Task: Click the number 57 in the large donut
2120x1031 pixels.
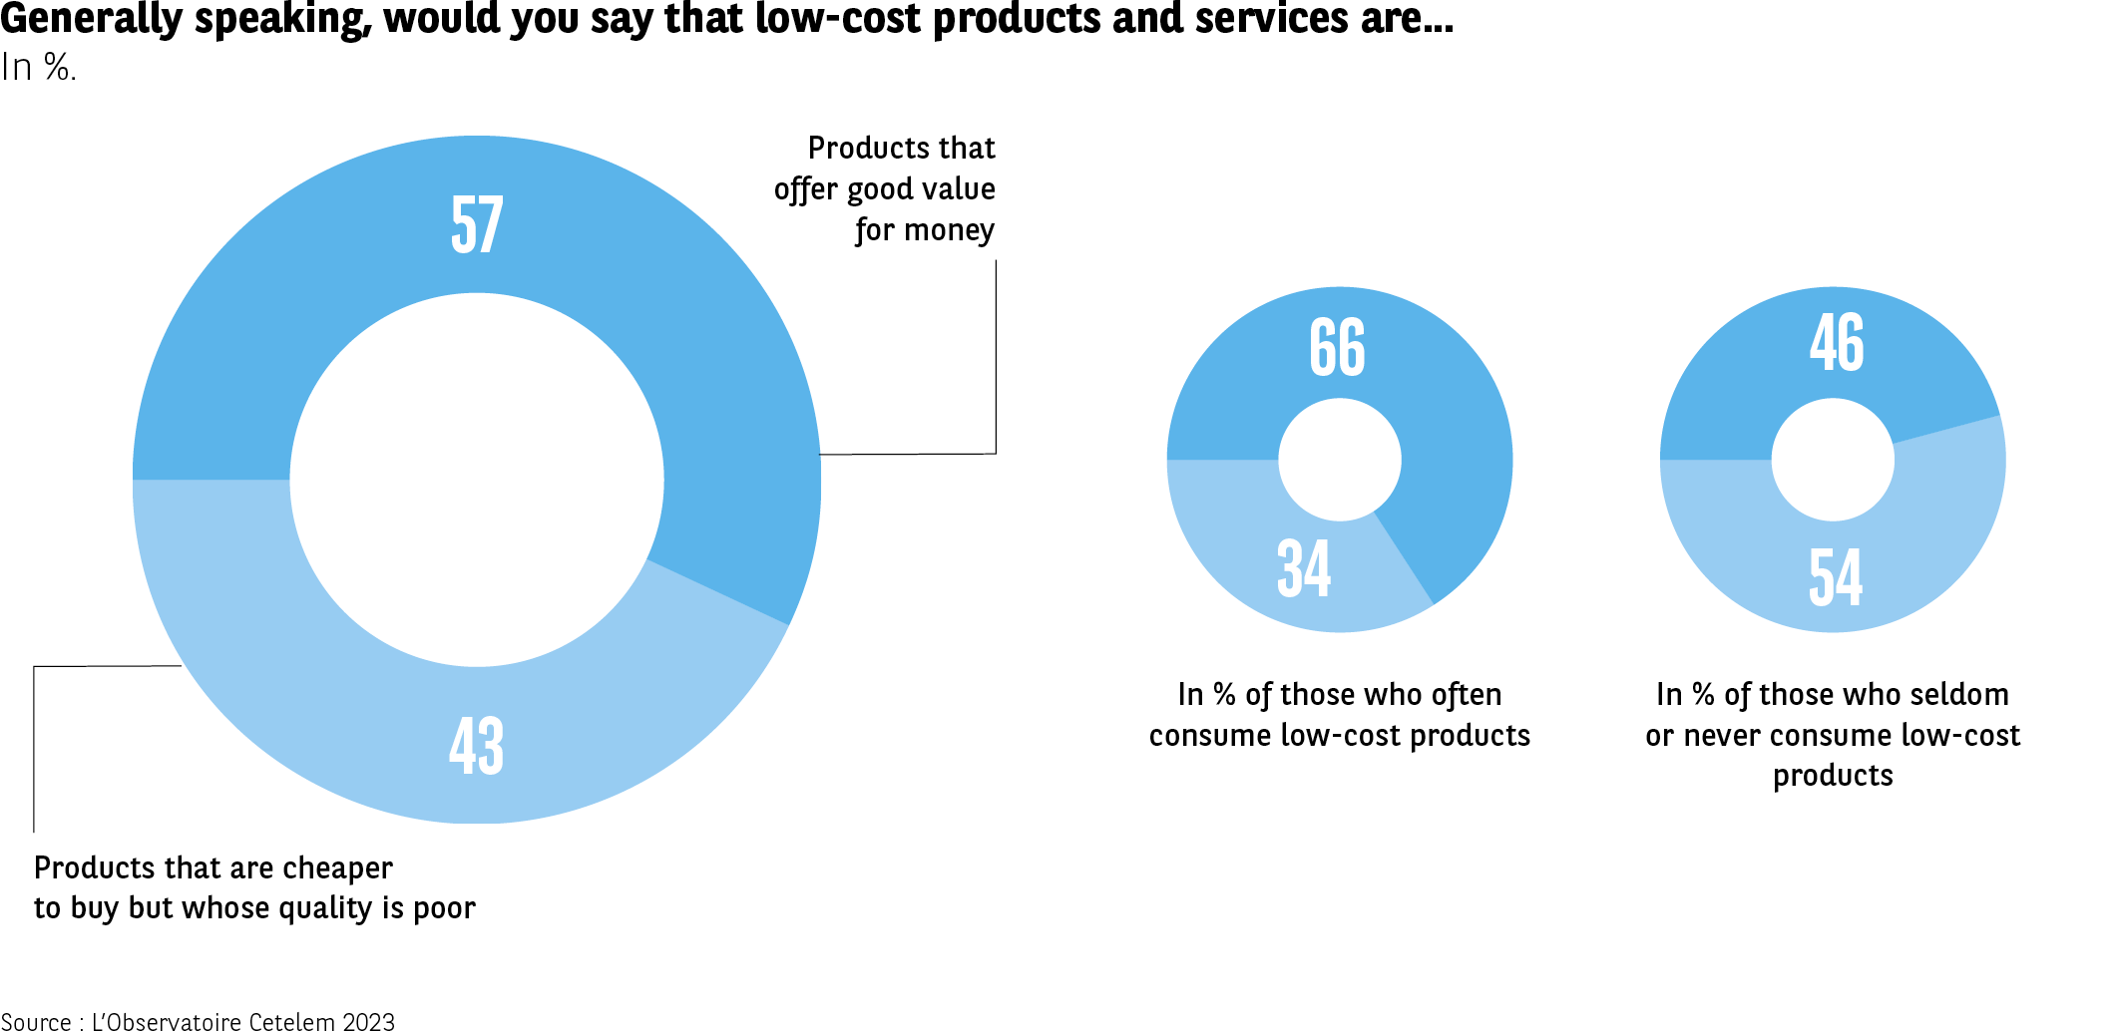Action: point(477,224)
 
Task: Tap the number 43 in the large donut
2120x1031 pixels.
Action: point(476,746)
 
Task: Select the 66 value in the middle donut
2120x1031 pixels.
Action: point(1337,347)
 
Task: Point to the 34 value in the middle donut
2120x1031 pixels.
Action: point(1304,568)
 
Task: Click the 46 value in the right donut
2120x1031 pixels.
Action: point(1837,342)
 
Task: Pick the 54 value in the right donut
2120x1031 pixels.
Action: point(1836,577)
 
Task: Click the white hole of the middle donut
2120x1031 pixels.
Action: point(1340,460)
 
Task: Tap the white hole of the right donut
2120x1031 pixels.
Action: point(1833,460)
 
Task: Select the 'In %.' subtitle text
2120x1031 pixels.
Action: point(38,68)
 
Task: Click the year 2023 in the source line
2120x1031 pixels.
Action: point(368,1021)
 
